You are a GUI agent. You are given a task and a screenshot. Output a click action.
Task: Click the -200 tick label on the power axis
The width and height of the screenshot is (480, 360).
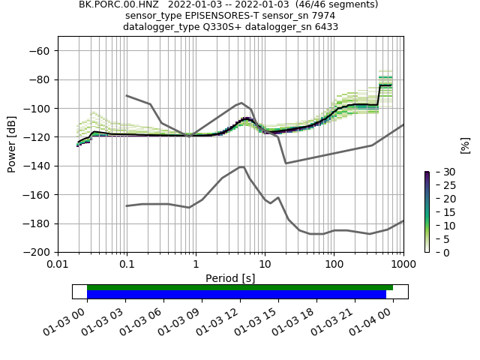39,253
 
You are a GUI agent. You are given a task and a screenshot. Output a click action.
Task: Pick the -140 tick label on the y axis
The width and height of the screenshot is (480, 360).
39,166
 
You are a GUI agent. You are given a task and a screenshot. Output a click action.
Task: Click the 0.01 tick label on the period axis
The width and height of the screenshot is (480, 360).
58,265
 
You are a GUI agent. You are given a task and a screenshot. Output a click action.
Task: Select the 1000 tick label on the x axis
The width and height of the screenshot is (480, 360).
403,265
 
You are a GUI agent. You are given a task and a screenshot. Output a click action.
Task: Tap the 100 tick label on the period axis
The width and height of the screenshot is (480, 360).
334,265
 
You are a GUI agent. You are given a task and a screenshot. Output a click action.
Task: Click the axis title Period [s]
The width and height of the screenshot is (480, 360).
230,277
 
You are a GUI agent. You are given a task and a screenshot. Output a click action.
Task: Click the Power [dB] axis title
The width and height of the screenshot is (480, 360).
12,144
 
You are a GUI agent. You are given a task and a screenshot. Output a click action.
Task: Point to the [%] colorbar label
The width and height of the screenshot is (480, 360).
465,144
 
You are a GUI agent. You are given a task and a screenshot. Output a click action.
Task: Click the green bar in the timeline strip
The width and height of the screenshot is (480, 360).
240,287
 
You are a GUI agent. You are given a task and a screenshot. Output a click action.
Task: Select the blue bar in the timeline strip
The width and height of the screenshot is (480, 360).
236,294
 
